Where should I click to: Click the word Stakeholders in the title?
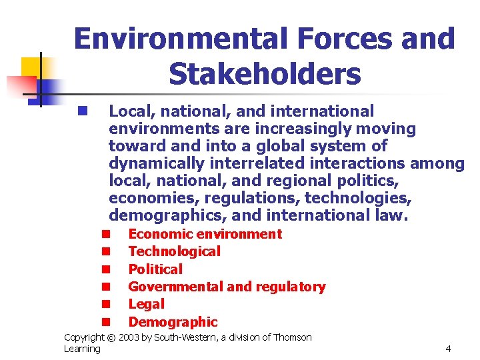pyautogui.click(x=265, y=74)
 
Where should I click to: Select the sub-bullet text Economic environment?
pyautogui.click(x=205, y=234)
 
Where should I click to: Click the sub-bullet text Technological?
pyautogui.click(x=174, y=251)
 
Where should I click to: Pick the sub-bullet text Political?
pyautogui.click(x=155, y=269)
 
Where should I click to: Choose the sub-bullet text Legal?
pyautogui.click(x=146, y=304)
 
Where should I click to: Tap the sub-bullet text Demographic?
pyautogui.click(x=173, y=322)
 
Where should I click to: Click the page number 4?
pyautogui.click(x=448, y=348)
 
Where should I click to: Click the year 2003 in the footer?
pyautogui.click(x=131, y=338)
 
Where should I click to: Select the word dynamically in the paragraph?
pyautogui.click(x=160, y=163)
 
